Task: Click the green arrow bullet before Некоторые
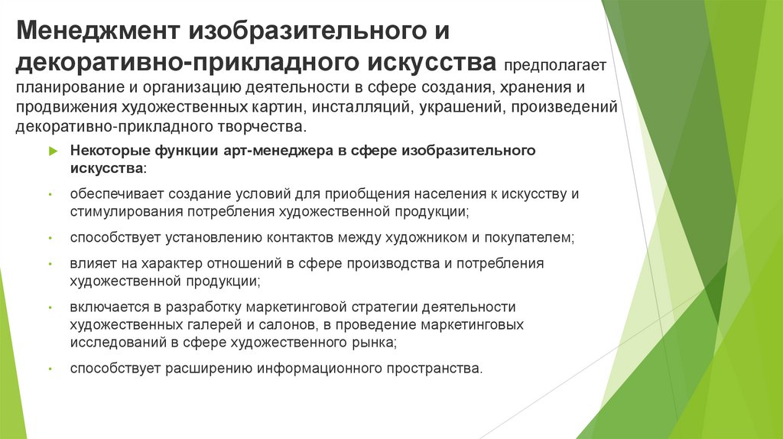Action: [53, 151]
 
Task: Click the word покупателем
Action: [528, 238]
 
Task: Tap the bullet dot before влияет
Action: [49, 265]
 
